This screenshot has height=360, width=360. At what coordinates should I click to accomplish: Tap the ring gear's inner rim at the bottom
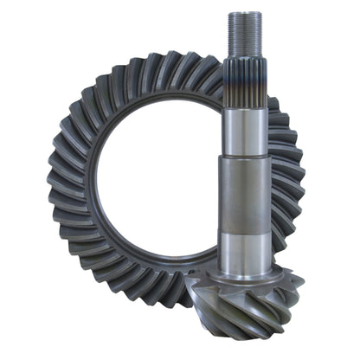point(164,263)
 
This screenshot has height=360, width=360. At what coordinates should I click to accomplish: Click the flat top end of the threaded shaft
point(246,14)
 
